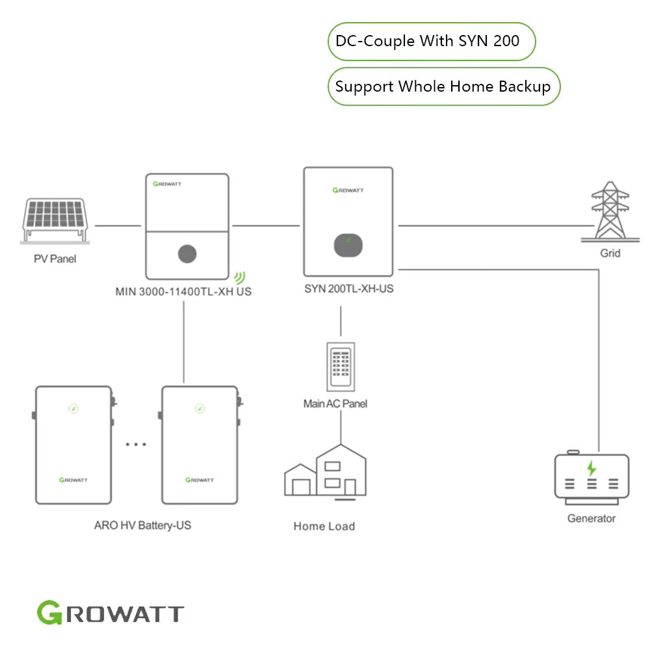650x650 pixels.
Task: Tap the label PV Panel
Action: (x=55, y=259)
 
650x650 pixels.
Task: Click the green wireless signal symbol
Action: (x=240, y=278)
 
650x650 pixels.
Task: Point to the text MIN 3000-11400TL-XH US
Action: (x=183, y=292)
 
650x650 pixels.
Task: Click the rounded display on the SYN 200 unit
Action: (x=348, y=245)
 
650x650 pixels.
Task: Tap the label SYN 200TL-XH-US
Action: (x=348, y=288)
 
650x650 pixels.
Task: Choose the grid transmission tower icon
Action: (x=609, y=211)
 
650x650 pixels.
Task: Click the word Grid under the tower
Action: (x=610, y=253)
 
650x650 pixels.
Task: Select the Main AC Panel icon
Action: (x=340, y=366)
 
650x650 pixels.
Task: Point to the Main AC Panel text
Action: (x=335, y=404)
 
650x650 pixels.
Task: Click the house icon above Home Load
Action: (x=325, y=473)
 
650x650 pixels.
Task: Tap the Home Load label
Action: (x=324, y=526)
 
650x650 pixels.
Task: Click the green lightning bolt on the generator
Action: (x=591, y=468)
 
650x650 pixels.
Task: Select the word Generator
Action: (x=591, y=518)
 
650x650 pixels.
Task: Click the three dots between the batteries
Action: (x=136, y=445)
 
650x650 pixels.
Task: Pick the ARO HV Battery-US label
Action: (x=142, y=525)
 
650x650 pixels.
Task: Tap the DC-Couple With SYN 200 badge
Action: (x=431, y=42)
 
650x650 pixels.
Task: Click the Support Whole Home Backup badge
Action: (x=443, y=86)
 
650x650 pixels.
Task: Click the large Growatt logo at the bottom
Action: (x=110, y=613)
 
